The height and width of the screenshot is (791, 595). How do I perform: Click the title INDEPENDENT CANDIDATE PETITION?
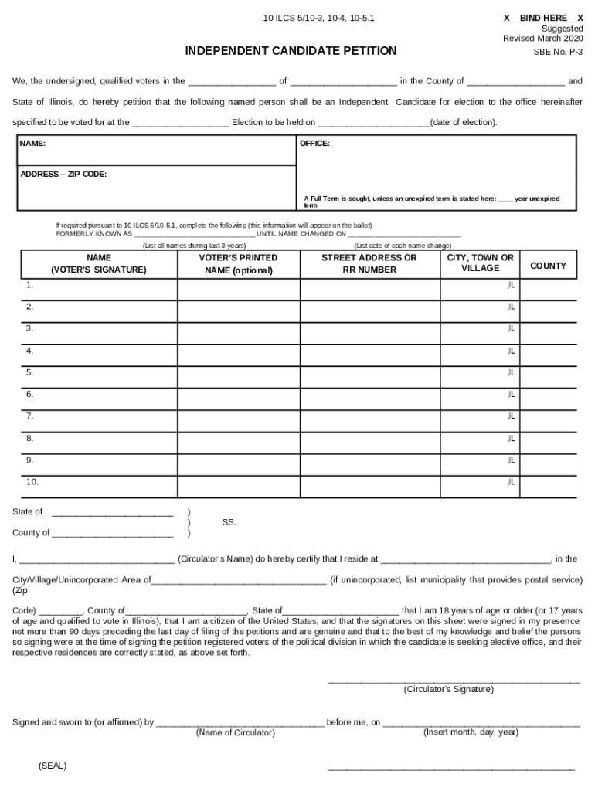pos(291,51)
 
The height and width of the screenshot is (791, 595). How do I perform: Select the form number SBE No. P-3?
pos(559,52)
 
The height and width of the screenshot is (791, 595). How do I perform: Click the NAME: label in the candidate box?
pos(32,144)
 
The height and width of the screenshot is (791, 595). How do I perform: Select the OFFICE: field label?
pos(314,144)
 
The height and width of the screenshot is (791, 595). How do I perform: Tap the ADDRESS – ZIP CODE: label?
pos(63,175)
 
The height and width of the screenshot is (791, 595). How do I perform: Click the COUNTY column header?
pos(548,266)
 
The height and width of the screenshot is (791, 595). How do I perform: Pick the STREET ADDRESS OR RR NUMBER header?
pos(369,263)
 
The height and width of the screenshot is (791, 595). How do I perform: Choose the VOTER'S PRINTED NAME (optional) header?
pos(238,263)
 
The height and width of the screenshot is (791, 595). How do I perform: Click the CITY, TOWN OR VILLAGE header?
pos(480,263)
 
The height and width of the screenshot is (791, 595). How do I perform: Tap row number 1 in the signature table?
pos(29,285)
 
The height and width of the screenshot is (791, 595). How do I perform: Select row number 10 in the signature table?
pos(32,482)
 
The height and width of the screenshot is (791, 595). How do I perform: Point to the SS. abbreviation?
pos(229,522)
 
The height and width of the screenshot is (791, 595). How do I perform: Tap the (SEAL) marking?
pos(52,766)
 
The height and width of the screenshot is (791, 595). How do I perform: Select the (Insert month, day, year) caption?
pos(471,732)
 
